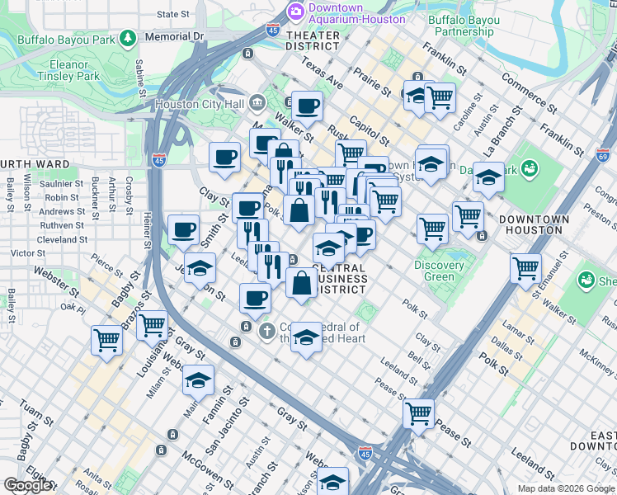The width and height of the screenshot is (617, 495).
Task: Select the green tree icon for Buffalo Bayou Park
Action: [128, 37]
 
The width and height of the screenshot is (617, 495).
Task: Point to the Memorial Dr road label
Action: [173, 37]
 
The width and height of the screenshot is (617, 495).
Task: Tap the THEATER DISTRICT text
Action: [313, 41]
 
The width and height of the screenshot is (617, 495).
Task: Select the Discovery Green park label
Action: [439, 271]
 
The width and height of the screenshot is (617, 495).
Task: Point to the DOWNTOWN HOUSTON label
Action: [534, 224]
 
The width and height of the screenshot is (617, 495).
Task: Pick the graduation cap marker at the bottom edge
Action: [333, 481]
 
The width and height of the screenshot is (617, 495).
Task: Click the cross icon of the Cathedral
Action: [266, 332]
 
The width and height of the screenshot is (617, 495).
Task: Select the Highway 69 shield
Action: [602, 154]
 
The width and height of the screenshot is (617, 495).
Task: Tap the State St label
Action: [172, 14]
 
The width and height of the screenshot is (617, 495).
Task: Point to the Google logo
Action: [27, 485]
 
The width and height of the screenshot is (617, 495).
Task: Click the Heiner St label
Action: [147, 232]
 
